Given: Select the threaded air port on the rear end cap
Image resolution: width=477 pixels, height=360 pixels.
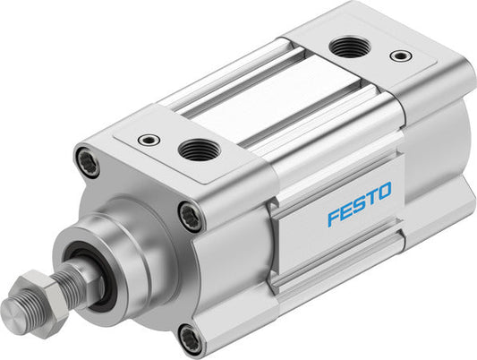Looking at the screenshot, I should pos(344,47).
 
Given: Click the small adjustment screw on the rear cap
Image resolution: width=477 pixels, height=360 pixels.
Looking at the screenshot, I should pos(401,56).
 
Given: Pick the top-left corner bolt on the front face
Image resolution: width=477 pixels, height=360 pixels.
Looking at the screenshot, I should pos(86,161).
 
